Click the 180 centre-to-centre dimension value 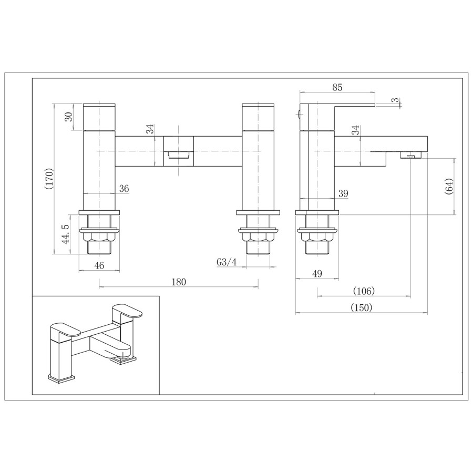[179, 282]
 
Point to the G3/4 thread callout [225, 262]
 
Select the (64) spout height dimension [448, 187]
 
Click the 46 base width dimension [99, 265]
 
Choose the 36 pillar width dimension [124, 189]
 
